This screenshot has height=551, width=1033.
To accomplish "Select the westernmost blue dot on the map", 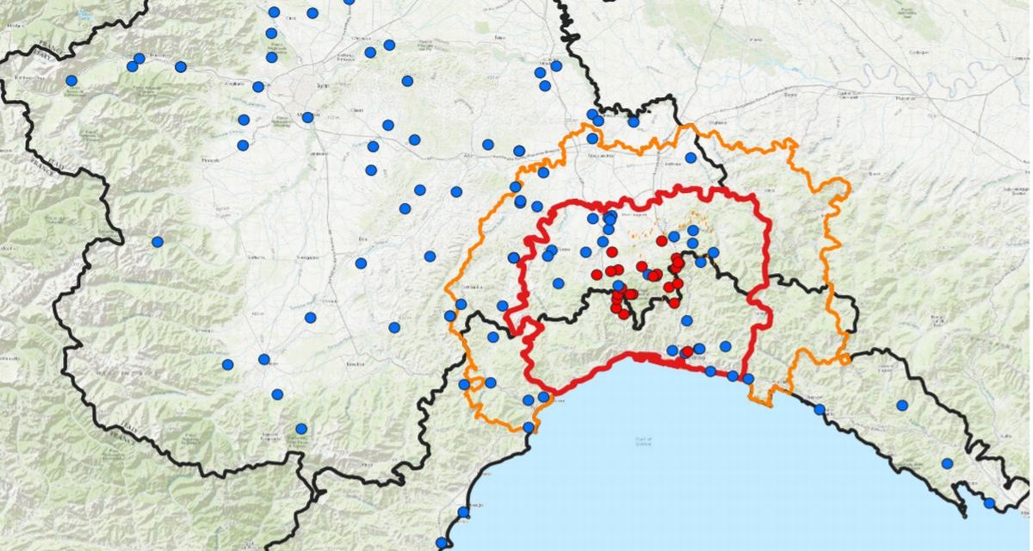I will pos(71,80).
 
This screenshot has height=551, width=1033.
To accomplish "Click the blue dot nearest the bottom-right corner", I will pos(989,503).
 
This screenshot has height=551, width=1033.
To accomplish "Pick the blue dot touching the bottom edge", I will pos(442,543).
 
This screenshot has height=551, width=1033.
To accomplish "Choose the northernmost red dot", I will pos(662,241).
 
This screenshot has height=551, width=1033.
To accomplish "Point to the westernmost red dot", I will pos(597,275).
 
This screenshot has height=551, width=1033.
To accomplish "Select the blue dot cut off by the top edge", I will pos(349,2).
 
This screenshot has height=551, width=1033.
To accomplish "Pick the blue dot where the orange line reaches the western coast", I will pos(528,427).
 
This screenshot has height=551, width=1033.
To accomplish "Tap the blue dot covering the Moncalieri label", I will pos(307,117).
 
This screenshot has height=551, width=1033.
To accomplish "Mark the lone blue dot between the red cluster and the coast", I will pos(687,320).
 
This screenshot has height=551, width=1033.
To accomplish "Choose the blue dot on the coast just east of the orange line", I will pos(820,409).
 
